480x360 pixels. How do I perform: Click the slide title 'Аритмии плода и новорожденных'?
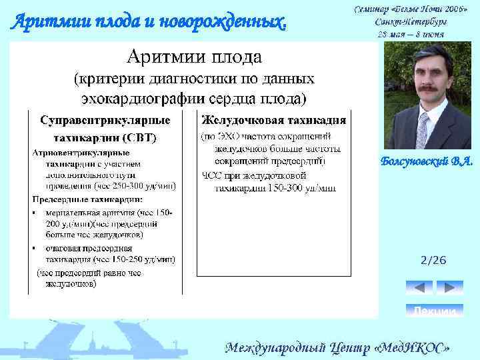pyautogui.click(x=150, y=22)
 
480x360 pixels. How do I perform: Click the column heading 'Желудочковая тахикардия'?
pyautogui.click(x=273, y=121)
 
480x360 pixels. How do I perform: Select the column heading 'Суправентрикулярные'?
pyautogui.click(x=105, y=121)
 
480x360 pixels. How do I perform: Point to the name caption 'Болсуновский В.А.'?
pyautogui.click(x=427, y=161)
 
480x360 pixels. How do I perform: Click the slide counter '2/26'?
pyautogui.click(x=433, y=260)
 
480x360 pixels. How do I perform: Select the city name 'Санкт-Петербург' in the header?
pyautogui.click(x=411, y=21)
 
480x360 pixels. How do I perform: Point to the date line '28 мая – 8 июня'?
pyautogui.click(x=411, y=33)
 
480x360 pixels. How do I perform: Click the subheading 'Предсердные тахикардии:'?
pyautogui.click(x=87, y=199)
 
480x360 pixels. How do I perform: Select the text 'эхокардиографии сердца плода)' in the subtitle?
pyautogui.click(x=193, y=99)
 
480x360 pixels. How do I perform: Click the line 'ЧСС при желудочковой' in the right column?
pyautogui.click(x=254, y=176)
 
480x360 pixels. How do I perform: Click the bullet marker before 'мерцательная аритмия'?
pyautogui.click(x=35, y=213)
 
